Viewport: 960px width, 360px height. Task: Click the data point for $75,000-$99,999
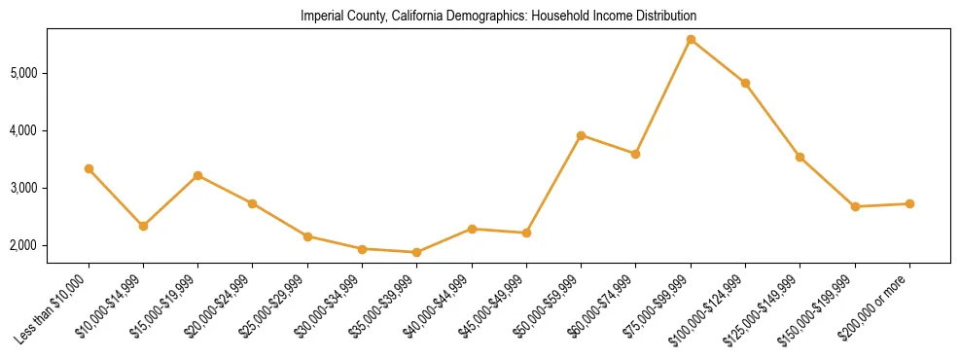(691, 40)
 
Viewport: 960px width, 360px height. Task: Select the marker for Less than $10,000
(89, 168)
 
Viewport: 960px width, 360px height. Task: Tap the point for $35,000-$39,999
(417, 252)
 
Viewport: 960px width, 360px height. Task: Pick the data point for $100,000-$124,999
(745, 84)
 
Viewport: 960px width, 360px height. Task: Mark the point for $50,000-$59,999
(581, 135)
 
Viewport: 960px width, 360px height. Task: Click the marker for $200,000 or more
(909, 203)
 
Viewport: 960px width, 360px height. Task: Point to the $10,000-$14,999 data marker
(144, 226)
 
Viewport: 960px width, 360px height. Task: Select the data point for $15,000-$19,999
(198, 175)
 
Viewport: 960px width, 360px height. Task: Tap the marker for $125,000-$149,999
(800, 157)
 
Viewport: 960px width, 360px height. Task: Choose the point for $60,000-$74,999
(635, 154)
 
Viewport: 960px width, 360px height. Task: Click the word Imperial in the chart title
(322, 17)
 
